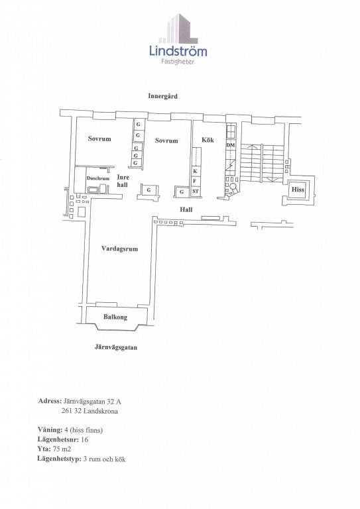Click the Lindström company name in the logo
(178, 51)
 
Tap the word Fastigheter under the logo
(178, 62)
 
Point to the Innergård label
(162, 96)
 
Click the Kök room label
(208, 140)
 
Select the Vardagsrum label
(119, 249)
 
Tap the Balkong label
(115, 317)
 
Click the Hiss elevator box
(298, 190)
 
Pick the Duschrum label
(97, 178)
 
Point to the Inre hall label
(123, 181)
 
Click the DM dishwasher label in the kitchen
(231, 145)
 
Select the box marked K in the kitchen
(195, 171)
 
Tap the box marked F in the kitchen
(195, 181)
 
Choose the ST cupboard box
(196, 192)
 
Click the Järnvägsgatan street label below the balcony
(116, 347)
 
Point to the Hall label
(186, 209)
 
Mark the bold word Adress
(50, 401)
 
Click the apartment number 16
(84, 439)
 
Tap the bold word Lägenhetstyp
(60, 459)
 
